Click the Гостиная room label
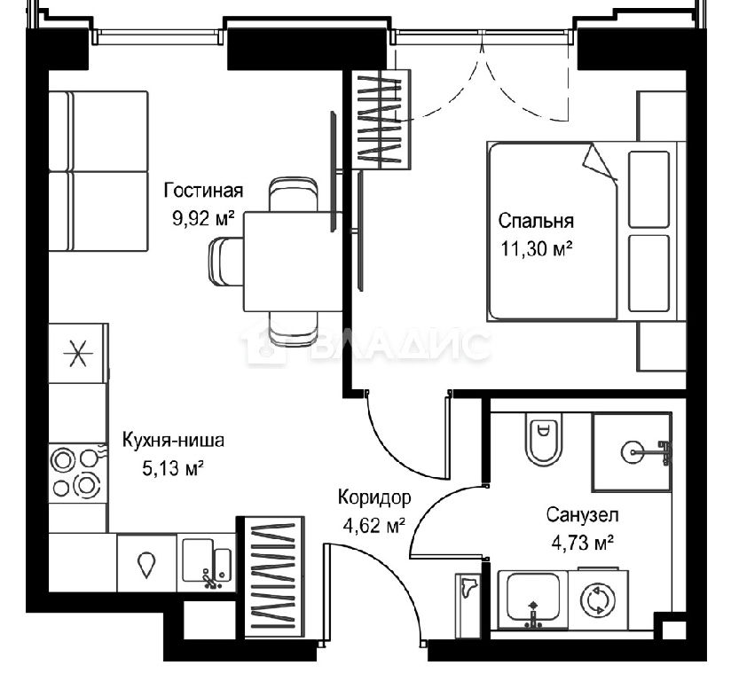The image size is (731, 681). click(203, 191)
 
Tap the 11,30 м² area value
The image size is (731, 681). click(536, 249)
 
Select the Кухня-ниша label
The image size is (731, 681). click(173, 440)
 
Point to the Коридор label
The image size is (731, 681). click(374, 497)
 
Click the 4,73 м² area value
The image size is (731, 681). click(582, 543)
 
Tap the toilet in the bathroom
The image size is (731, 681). click(543, 439)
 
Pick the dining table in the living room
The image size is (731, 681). click(293, 262)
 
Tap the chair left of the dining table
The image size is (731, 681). click(225, 262)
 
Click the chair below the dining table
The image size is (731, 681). click(294, 330)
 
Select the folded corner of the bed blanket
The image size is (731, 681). click(600, 161)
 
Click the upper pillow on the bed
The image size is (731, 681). click(649, 189)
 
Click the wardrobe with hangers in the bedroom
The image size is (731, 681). click(381, 120)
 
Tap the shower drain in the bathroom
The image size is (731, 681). click(632, 451)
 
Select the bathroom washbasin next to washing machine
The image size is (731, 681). click(533, 598)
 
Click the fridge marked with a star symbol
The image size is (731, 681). click(78, 353)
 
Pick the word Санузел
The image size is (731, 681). click(582, 515)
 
